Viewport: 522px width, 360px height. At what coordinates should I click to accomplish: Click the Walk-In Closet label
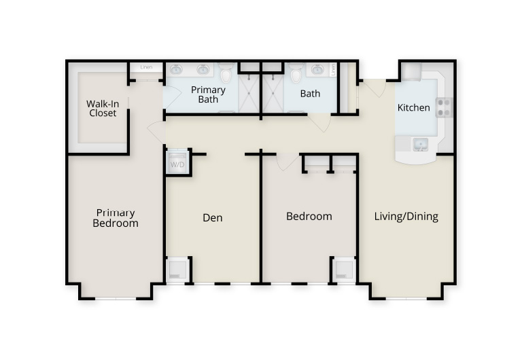pyautogui.click(x=103, y=109)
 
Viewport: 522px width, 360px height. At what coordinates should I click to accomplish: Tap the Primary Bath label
pyautogui.click(x=208, y=94)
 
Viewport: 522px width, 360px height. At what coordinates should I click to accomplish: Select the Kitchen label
pyautogui.click(x=413, y=107)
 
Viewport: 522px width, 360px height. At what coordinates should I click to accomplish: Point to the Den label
pyautogui.click(x=212, y=217)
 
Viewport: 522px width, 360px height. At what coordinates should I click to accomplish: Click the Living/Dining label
pyautogui.click(x=406, y=216)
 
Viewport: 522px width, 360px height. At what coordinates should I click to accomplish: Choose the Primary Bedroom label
pyautogui.click(x=116, y=218)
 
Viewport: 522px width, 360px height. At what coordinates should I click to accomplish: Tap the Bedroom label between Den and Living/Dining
pyautogui.click(x=309, y=216)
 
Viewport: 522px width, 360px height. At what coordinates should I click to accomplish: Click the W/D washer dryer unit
pyautogui.click(x=177, y=162)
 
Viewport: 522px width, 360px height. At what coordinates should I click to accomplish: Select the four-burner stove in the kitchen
pyautogui.click(x=444, y=107)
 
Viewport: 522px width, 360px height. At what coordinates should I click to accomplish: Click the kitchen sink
pyautogui.click(x=421, y=145)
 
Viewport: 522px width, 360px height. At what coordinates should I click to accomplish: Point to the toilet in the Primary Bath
pyautogui.click(x=226, y=73)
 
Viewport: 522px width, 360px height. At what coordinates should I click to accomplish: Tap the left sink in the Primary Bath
pyautogui.click(x=176, y=69)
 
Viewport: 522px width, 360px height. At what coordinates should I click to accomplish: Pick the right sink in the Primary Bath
pyautogui.click(x=203, y=69)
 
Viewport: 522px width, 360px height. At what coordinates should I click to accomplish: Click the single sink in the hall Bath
pyautogui.click(x=317, y=69)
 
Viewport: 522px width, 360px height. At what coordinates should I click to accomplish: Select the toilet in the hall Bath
pyautogui.click(x=296, y=73)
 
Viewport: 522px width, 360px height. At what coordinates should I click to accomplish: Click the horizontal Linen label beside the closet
pyautogui.click(x=146, y=67)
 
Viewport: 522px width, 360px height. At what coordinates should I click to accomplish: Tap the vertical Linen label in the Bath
pyautogui.click(x=333, y=70)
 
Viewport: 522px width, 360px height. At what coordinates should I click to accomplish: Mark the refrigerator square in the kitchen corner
pyautogui.click(x=411, y=71)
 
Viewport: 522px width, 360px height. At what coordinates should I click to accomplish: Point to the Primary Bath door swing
pyautogui.click(x=172, y=96)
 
